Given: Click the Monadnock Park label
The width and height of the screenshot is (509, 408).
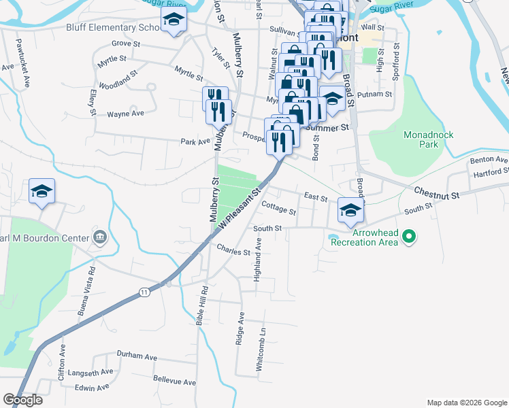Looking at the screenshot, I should (x=429, y=139).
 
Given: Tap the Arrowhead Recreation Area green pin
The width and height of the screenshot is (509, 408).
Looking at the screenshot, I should (x=408, y=237).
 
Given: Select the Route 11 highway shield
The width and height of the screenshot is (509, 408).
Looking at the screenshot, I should (x=144, y=292).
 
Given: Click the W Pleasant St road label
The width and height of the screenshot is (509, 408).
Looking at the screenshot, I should (x=240, y=210).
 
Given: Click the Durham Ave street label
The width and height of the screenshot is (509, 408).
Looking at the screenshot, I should (x=136, y=356).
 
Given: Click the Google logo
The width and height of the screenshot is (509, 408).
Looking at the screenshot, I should (x=23, y=399).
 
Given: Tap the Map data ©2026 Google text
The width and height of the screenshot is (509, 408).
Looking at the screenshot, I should (x=466, y=402).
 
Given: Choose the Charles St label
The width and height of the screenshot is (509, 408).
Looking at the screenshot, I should (x=233, y=252).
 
